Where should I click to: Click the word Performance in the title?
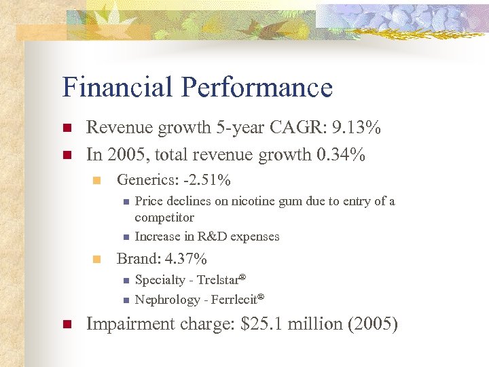coord(260,88)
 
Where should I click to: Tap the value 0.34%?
coord(341,155)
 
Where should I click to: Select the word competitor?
coord(164,217)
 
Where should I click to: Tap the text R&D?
coord(207,237)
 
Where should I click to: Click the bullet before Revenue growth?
coord(66,128)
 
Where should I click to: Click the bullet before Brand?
coord(96,259)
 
